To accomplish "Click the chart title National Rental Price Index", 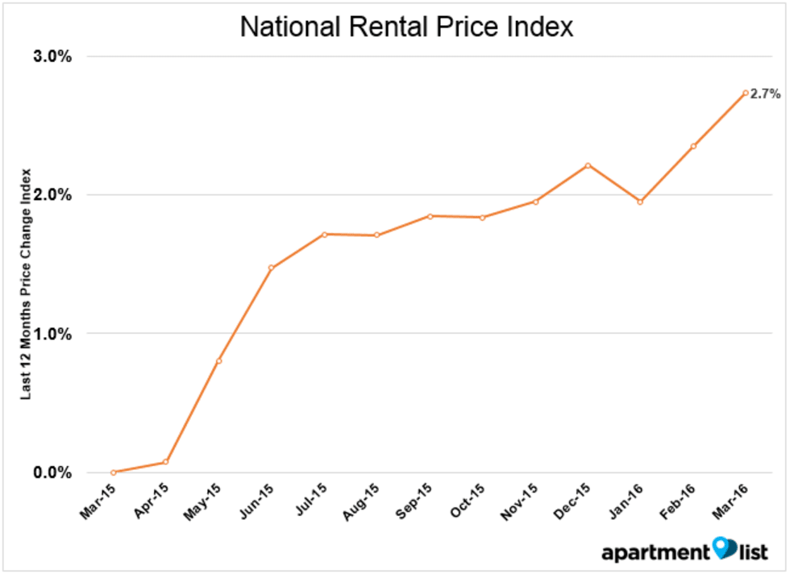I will point(406,27).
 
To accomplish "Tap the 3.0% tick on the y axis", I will point(53,56).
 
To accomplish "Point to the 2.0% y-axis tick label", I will point(53,195).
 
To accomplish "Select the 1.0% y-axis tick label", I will point(53,334).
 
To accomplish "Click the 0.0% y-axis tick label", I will point(53,472).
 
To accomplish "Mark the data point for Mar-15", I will point(113,472).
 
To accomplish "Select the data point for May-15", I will point(218,360).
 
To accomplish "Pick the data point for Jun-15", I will point(272,268).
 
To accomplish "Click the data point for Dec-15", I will point(588,165).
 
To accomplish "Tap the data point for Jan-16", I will point(640,202).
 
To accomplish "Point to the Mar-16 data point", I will point(746,93).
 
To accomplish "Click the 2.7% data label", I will point(765,94).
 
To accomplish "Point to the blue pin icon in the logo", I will point(724,548).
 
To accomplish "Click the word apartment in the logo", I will point(655,552).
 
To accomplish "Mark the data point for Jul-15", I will point(324,235).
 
